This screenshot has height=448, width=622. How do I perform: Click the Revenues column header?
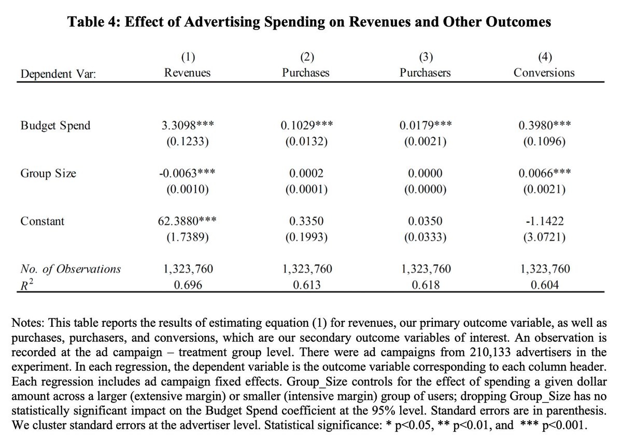187,73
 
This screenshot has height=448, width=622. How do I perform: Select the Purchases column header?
306,73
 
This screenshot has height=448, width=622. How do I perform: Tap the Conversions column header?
544,73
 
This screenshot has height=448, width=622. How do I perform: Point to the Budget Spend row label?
55,126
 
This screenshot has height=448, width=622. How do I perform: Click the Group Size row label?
48,174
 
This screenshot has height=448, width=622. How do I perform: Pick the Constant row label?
43,221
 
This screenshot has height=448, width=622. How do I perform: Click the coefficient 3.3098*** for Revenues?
187,126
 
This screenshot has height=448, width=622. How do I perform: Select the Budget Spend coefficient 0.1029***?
306,126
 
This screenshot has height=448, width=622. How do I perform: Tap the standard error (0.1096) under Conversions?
544,141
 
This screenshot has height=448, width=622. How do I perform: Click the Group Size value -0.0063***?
187,174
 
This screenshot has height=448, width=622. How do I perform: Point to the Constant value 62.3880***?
187,221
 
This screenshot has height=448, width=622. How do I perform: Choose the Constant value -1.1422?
544,221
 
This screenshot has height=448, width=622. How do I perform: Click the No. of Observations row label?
70,269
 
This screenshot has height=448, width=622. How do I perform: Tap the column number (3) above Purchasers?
425,57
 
